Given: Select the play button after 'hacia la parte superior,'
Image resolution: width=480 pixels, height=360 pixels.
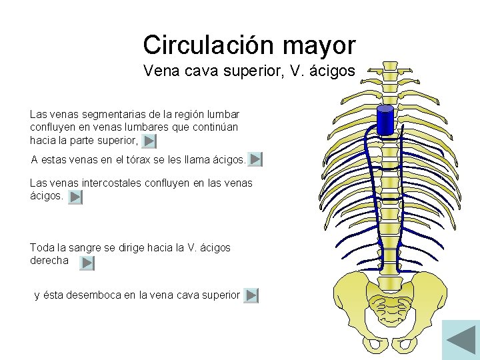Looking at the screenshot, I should coord(150,141).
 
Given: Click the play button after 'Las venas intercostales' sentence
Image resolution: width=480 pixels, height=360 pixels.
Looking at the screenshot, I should coord(75,197).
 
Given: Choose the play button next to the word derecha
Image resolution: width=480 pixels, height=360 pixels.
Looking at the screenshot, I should coord(87,263).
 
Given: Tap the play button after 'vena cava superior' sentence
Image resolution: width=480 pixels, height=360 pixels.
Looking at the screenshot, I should coord(251,295).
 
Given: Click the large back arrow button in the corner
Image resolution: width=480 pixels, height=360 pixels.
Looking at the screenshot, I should coord(461,338).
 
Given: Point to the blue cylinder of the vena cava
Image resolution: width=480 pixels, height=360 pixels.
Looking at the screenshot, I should coord(385,120).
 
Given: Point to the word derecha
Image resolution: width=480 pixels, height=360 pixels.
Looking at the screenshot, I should coord(49,261).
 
